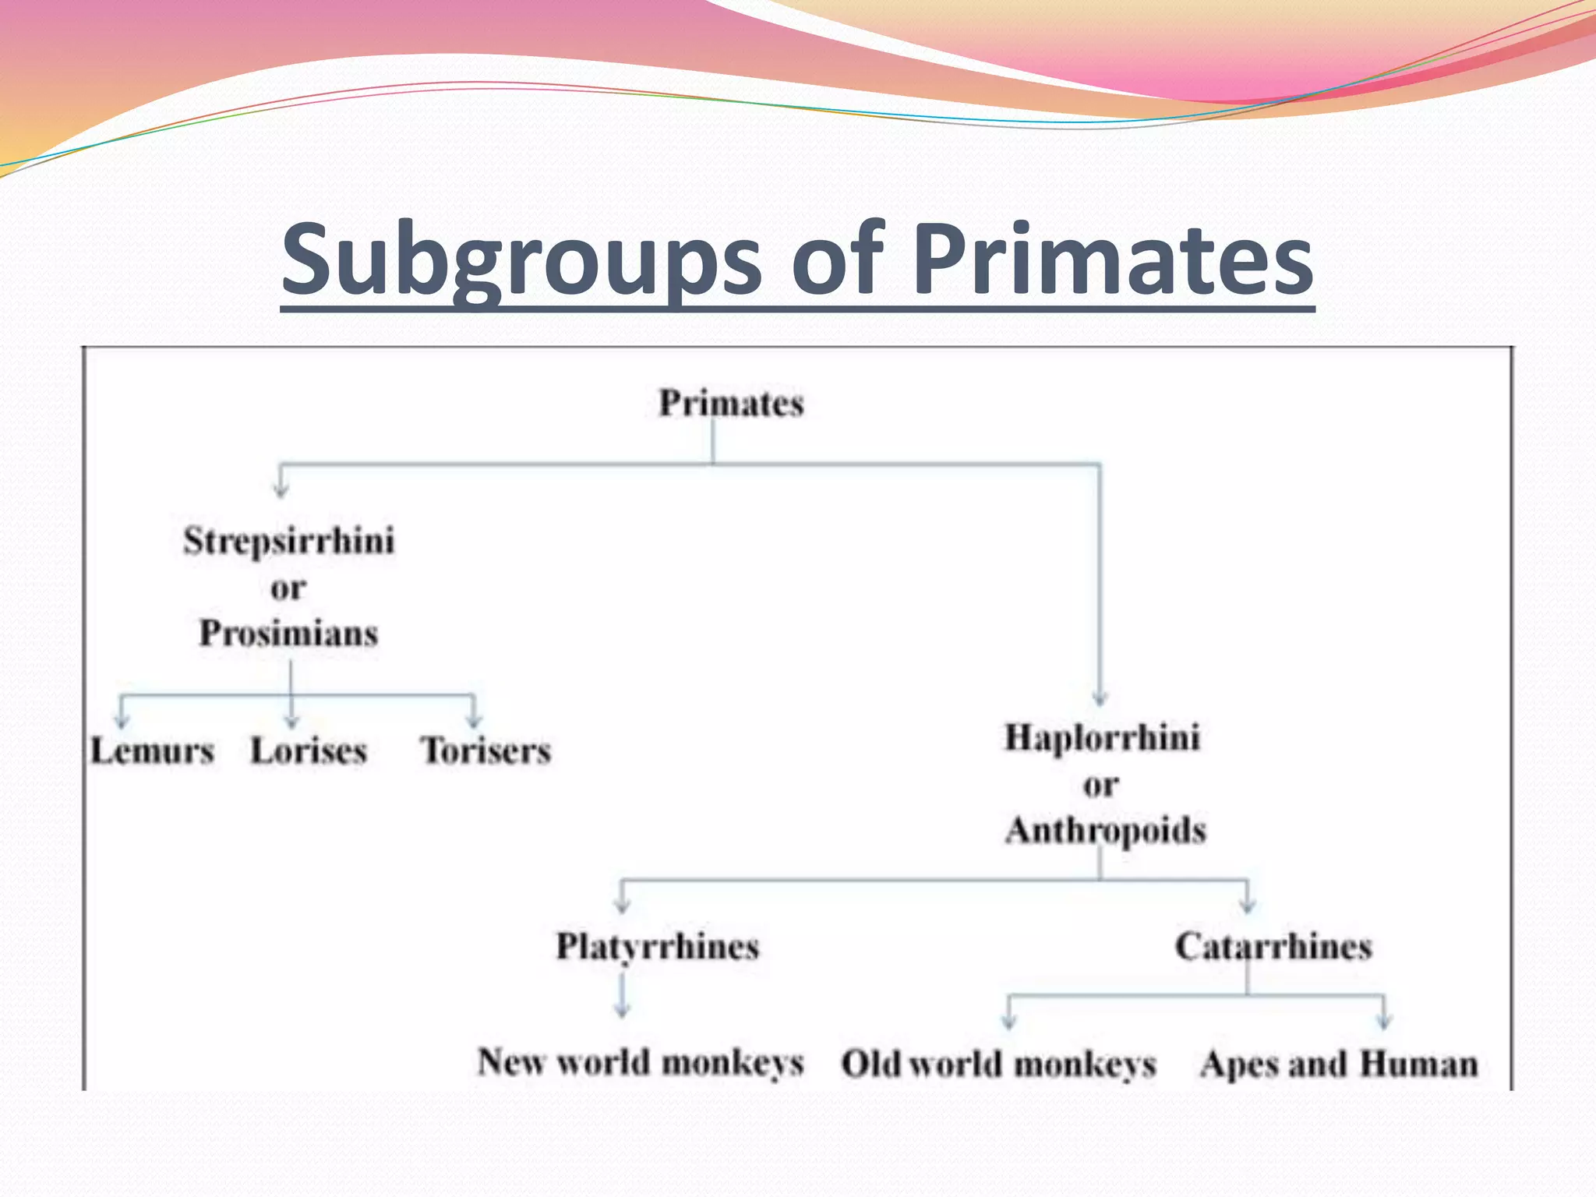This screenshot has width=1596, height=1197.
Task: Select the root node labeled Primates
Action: point(731,404)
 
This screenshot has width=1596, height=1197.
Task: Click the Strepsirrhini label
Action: point(289,541)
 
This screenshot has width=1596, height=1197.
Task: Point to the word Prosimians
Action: point(288,633)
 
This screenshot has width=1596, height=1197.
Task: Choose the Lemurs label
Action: point(152,751)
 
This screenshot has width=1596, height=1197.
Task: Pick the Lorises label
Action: point(309,751)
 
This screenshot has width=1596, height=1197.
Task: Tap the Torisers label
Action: point(486,751)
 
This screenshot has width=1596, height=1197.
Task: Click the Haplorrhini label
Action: point(1102,738)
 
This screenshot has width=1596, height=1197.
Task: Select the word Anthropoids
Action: point(1105,830)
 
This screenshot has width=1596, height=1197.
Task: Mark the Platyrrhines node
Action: point(657,947)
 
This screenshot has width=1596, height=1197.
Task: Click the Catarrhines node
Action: point(1273,947)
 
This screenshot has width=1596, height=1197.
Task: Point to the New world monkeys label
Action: point(641,1062)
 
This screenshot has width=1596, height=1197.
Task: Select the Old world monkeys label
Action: point(998,1064)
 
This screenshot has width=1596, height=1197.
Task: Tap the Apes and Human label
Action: point(1339,1064)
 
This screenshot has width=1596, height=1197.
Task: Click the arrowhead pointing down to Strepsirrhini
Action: point(281,490)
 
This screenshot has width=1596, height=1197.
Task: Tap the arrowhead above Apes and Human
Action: point(1384,1020)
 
